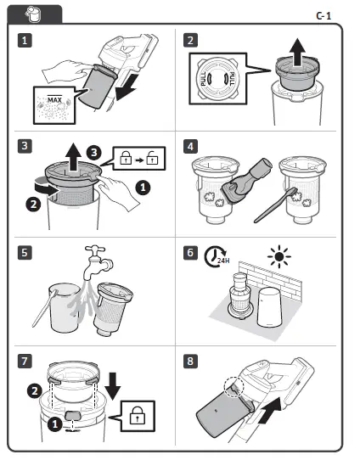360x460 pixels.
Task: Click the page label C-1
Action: pyautogui.click(x=323, y=15)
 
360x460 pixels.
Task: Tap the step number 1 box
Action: pyautogui.click(x=25, y=40)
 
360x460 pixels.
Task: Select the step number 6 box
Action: pyautogui.click(x=190, y=253)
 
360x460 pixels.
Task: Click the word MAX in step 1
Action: pyautogui.click(x=54, y=100)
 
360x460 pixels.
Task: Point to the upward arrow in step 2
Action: pyautogui.click(x=298, y=53)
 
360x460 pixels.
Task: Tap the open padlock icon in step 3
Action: pyautogui.click(x=152, y=158)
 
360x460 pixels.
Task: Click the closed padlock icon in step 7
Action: pyautogui.click(x=138, y=416)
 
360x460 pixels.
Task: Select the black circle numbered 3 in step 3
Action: pyautogui.click(x=94, y=153)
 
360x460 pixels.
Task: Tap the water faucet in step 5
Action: pyautogui.click(x=96, y=262)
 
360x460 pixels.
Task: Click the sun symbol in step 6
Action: pyautogui.click(x=279, y=256)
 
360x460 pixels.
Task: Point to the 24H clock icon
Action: pyautogui.click(x=216, y=256)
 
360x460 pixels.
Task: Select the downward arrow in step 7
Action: pyautogui.click(x=113, y=386)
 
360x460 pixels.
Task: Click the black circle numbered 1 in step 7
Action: pyautogui.click(x=55, y=424)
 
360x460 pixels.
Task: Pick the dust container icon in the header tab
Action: pyautogui.click(x=34, y=14)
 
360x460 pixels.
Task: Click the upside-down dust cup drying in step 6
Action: pyautogui.click(x=270, y=307)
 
